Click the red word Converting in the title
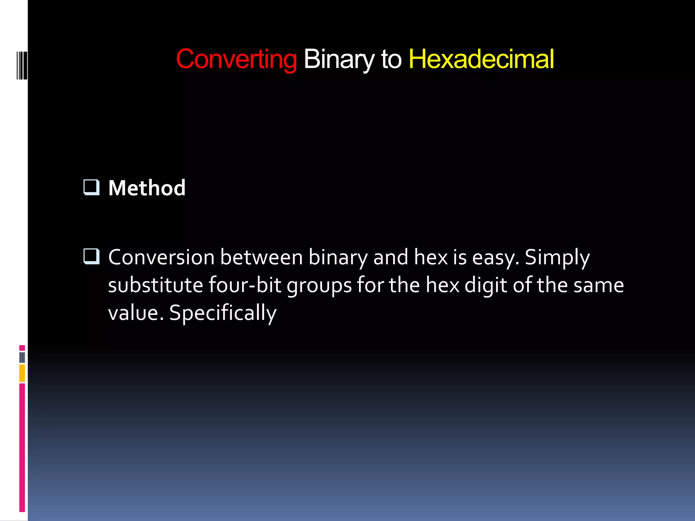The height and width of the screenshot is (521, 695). (237, 59)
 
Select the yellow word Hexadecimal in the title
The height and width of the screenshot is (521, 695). (481, 59)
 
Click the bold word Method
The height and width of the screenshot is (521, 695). (147, 188)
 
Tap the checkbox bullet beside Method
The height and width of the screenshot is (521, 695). (91, 188)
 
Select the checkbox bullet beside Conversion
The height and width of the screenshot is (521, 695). (91, 257)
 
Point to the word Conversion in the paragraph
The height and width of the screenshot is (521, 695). (161, 257)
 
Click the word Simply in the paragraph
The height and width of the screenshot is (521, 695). (557, 258)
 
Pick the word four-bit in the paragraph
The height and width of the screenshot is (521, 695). (245, 285)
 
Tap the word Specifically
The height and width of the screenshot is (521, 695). (223, 313)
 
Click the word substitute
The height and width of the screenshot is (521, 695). (155, 285)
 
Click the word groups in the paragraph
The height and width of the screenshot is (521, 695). (319, 286)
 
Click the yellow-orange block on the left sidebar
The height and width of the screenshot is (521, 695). (22, 373)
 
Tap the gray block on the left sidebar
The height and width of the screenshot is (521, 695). (22, 358)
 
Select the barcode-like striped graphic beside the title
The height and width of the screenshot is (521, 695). (22, 65)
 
